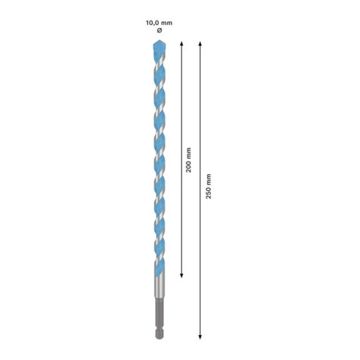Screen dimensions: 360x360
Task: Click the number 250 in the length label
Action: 209,198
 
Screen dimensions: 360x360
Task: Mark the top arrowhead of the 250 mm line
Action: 201,45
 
